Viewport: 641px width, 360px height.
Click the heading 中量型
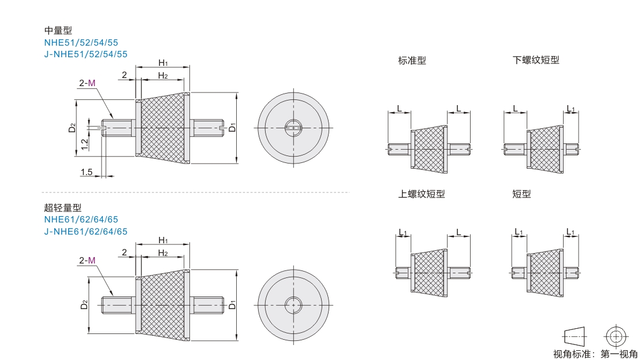click(x=58, y=30)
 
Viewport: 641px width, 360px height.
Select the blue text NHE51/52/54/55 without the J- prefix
click(x=81, y=43)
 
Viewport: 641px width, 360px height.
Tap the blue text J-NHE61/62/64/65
click(x=86, y=232)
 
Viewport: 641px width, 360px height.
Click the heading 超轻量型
click(x=63, y=208)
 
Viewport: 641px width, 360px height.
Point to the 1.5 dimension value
click(x=86, y=172)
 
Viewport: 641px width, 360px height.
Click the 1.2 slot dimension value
click(x=85, y=144)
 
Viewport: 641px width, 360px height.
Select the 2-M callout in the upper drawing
click(x=87, y=83)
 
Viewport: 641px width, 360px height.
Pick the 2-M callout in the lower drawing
click(x=87, y=261)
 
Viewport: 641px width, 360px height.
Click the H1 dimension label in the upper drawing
click(x=163, y=62)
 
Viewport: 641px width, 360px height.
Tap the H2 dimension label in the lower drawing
click(x=163, y=253)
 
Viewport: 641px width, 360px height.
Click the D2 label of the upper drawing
click(x=72, y=128)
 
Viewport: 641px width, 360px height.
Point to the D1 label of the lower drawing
click(x=232, y=305)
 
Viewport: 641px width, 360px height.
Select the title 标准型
click(x=412, y=61)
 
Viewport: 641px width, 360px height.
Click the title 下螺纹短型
click(x=536, y=60)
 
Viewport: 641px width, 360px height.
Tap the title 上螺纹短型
click(x=422, y=194)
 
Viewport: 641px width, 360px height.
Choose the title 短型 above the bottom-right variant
click(x=521, y=194)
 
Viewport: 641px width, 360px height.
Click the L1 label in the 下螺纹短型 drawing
click(x=571, y=109)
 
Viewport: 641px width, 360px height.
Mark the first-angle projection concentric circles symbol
click(x=616, y=337)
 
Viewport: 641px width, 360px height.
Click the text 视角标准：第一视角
click(x=595, y=354)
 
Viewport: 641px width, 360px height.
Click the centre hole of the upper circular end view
click(x=293, y=128)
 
